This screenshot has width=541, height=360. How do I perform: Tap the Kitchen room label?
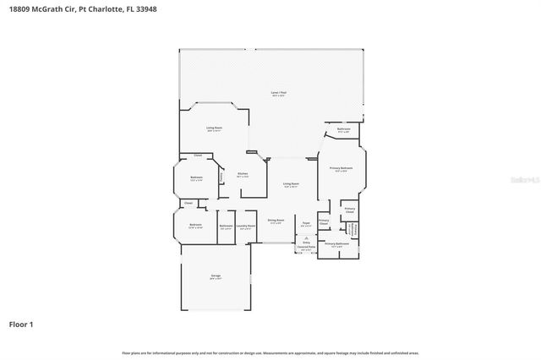[x=243, y=173]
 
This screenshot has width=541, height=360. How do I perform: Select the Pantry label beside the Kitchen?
[x=221, y=177]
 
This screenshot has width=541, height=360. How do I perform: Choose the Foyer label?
[x=306, y=223]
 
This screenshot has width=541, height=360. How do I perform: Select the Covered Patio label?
[x=306, y=246]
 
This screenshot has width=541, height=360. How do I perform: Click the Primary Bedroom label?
[x=342, y=169]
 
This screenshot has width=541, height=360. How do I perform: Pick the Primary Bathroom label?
[x=337, y=243]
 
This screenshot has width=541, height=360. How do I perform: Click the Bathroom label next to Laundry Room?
[x=226, y=226]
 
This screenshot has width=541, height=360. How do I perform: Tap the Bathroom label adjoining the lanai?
[x=344, y=129]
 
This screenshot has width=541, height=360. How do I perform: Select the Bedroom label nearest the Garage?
[x=195, y=225]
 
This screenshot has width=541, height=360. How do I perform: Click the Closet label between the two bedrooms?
[x=189, y=203]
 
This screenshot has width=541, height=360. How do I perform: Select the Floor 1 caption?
[x=20, y=324]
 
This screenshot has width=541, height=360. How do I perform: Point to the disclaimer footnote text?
[x=270, y=352]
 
